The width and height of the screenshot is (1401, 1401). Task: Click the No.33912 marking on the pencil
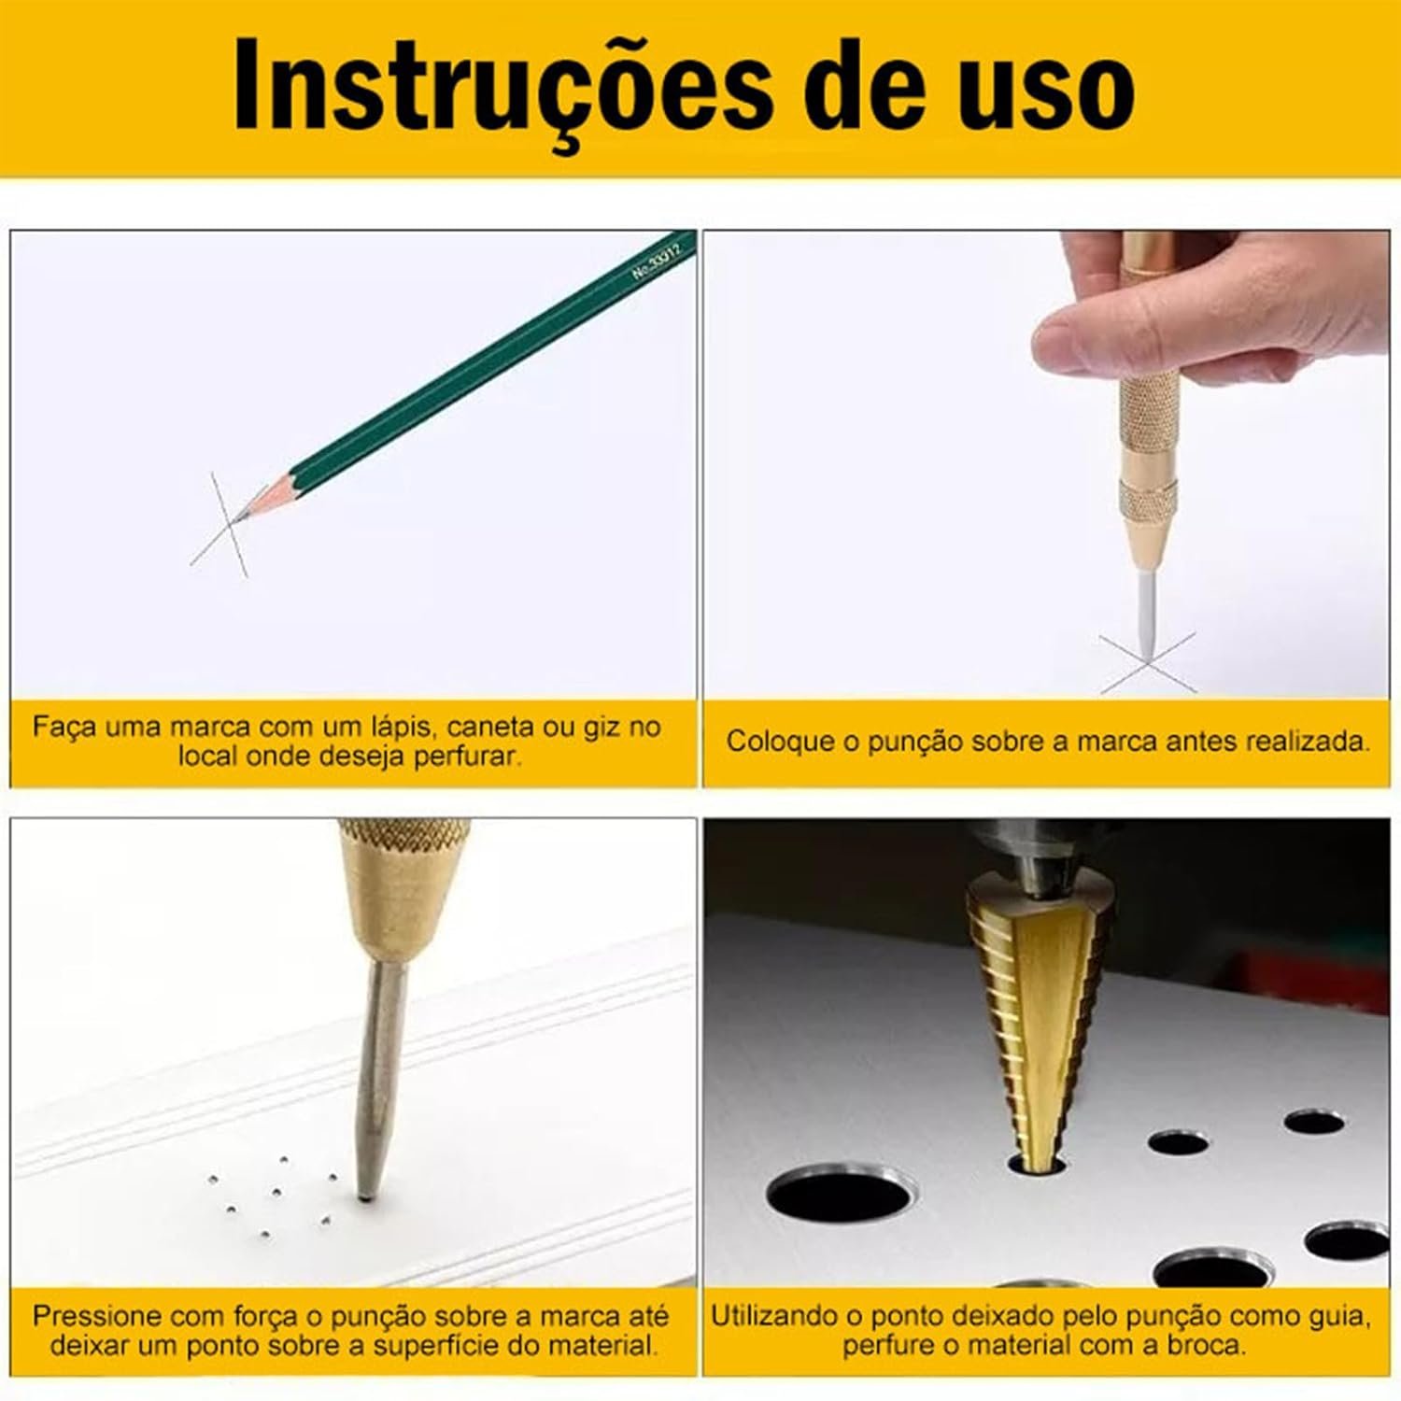658,259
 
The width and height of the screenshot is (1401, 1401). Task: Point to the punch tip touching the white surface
365,1194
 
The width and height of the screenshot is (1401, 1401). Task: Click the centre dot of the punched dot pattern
276,1192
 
